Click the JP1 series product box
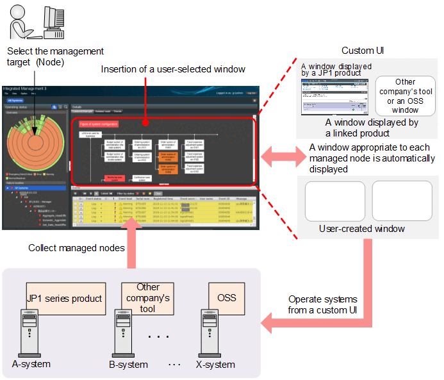[65, 299]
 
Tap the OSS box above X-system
[227, 299]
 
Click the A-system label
[31, 364]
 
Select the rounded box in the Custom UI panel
[405, 95]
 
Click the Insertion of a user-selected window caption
[173, 69]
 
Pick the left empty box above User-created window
[334, 201]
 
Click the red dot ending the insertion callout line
[147, 122]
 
